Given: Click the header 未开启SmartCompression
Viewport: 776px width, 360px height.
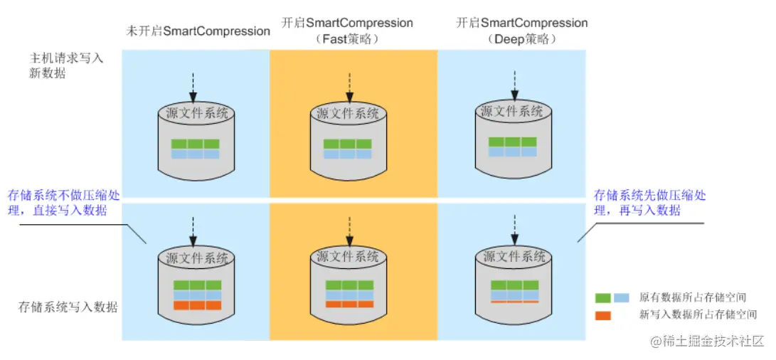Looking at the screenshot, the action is point(198,31).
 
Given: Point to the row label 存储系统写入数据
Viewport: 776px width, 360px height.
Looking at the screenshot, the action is point(68,307).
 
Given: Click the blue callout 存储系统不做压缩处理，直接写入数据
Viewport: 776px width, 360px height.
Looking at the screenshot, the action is point(64,202).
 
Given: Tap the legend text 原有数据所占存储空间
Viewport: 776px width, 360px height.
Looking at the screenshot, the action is point(692,297).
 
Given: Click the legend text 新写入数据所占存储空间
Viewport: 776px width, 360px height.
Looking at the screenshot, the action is point(698,314).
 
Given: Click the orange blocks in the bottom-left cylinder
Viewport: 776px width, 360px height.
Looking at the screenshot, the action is point(197,305).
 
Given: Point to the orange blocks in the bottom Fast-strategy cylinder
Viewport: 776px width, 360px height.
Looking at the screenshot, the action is point(349,304).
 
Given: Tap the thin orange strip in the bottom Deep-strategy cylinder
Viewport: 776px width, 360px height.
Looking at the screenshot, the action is point(514,301).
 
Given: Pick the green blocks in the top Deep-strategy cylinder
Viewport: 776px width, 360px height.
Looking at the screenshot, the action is point(512,142).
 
